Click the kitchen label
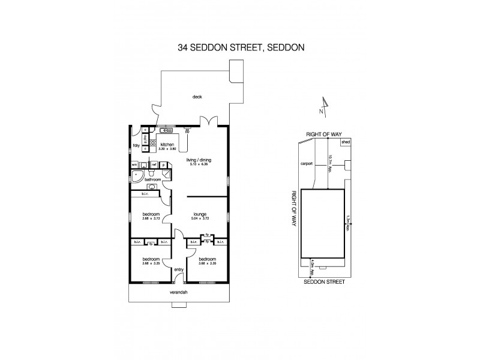tap(167, 144)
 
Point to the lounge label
tap(199, 214)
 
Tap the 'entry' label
tap(178, 269)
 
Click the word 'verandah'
tap(179, 292)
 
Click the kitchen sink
tap(166, 129)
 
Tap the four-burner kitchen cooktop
tap(152, 144)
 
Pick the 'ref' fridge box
tap(154, 164)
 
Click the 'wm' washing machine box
tap(134, 164)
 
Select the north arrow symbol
tap(323, 106)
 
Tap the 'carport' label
tap(308, 163)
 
